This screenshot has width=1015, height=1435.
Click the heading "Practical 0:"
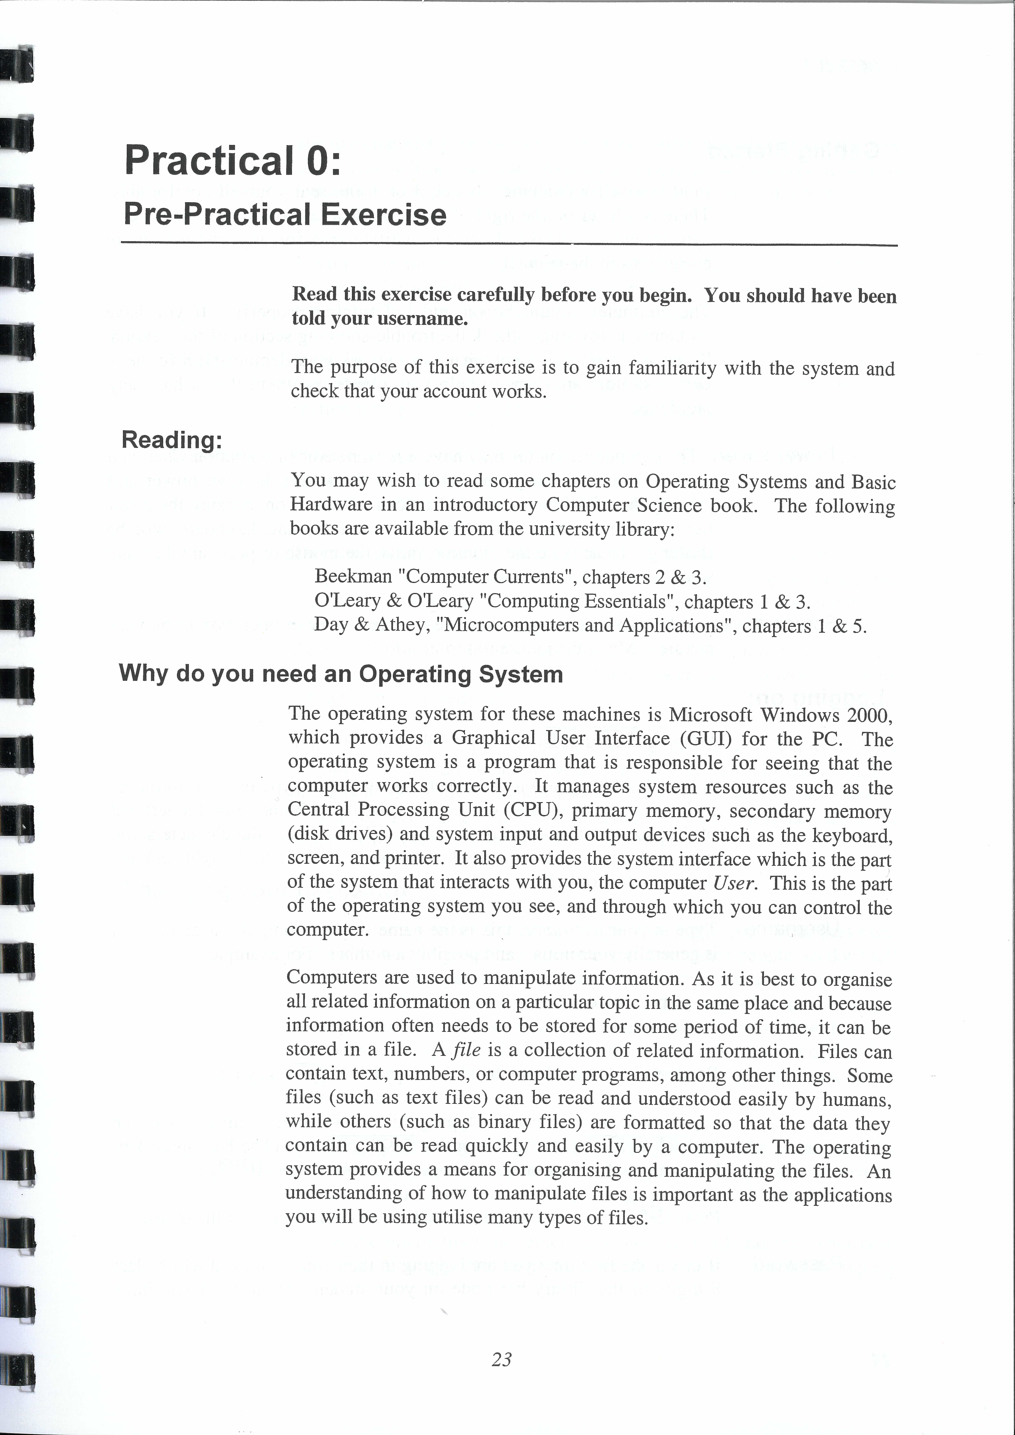click(232, 160)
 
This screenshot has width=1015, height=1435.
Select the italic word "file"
click(466, 1049)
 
